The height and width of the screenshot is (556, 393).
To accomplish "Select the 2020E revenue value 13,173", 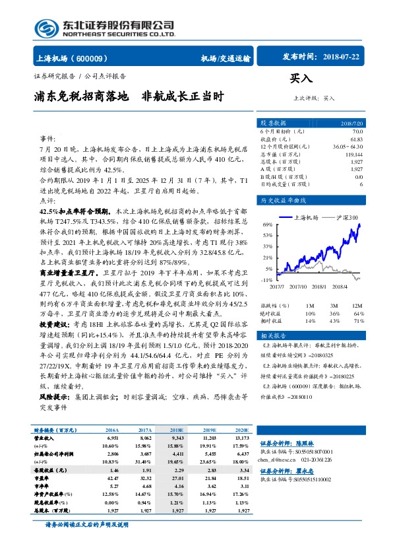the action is [x=243, y=438].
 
